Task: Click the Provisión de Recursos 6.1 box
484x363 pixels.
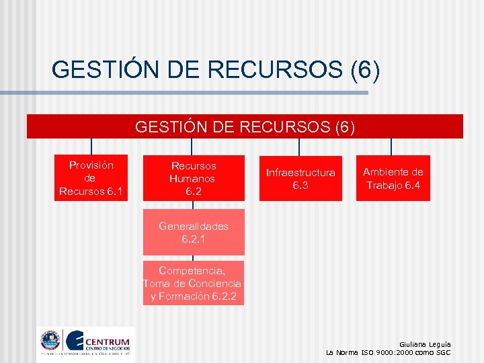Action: (x=91, y=179)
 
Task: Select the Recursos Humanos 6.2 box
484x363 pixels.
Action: (x=193, y=179)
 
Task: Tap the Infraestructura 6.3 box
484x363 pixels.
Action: (x=300, y=179)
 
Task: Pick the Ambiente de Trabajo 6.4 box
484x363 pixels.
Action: (x=393, y=179)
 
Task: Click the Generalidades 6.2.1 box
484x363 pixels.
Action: (x=194, y=233)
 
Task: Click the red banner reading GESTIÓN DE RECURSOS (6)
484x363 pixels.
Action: (x=245, y=126)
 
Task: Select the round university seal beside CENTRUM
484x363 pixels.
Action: (x=50, y=340)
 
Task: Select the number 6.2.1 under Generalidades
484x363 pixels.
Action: (x=194, y=239)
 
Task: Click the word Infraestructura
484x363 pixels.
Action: (x=300, y=173)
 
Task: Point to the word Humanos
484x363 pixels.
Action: (x=192, y=179)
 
